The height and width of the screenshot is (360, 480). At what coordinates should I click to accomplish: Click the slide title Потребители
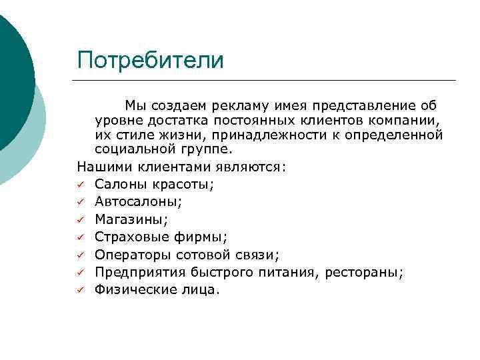click(x=150, y=61)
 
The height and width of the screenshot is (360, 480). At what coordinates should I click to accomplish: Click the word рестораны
click(x=369, y=272)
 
